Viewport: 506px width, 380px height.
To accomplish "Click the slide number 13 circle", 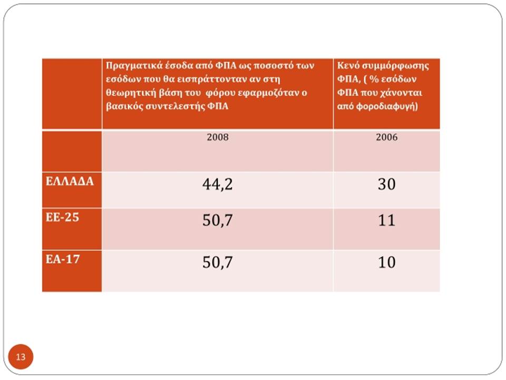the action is click(21, 357).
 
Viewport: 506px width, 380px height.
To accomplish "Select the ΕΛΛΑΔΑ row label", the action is click(70, 181).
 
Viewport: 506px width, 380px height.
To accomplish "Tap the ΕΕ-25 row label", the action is click(62, 217).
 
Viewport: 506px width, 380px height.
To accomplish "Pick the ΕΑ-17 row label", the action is click(63, 259).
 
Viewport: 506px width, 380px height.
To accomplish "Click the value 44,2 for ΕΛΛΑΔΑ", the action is click(218, 184).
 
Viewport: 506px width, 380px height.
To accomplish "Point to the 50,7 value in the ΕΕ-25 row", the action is click(218, 221).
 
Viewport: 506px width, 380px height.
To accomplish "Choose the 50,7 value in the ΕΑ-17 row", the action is click(218, 262).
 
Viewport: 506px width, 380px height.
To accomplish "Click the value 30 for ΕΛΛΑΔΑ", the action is click(386, 184).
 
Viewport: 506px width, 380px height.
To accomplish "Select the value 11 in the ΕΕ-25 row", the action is click(386, 221).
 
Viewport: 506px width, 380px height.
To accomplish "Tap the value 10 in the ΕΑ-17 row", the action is click(386, 262).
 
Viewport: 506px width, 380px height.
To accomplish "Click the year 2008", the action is click(218, 137).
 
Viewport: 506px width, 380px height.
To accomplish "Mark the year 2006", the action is click(386, 137).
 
